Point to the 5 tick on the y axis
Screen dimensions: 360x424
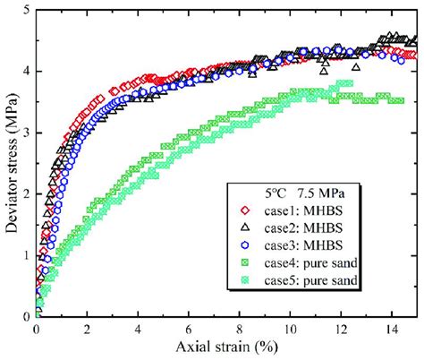(25, 10)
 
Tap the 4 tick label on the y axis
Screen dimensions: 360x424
(25, 72)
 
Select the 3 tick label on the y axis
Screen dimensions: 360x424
(25, 133)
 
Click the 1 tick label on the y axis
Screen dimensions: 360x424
(25, 255)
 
